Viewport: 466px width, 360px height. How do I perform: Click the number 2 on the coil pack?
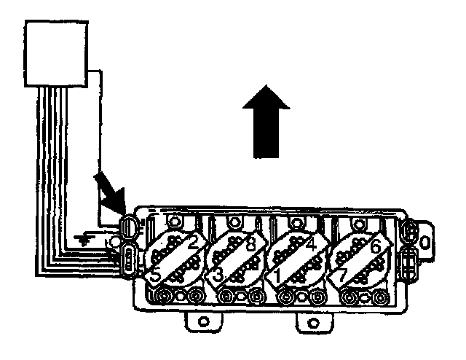(x=193, y=243)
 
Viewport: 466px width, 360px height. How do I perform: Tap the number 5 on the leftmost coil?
(x=155, y=275)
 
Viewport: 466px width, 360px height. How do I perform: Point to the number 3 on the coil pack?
(x=217, y=275)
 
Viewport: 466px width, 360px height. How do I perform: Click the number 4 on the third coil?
(x=312, y=244)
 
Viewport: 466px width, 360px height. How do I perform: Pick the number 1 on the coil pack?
(x=277, y=275)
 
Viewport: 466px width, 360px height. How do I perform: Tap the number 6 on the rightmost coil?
(x=376, y=246)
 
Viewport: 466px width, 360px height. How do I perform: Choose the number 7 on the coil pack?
(x=340, y=276)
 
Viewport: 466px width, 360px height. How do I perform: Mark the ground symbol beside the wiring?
(x=85, y=238)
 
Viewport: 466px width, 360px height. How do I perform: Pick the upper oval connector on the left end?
(x=129, y=225)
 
